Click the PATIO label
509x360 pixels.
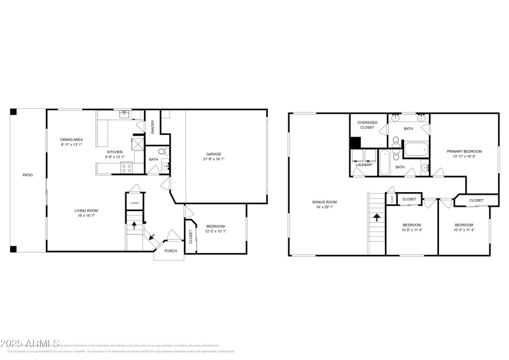[28, 175]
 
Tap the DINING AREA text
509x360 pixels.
[71, 139]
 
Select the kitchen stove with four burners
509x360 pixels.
[126, 168]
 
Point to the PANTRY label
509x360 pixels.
[153, 127]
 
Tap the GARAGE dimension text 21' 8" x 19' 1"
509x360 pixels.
[213, 158]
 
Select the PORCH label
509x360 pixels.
[171, 251]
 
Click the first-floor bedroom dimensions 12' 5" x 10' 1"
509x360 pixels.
[216, 230]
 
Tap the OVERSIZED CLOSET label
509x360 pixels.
[366, 125]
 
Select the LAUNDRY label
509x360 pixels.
[364, 165]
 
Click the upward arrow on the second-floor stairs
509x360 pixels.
[377, 216]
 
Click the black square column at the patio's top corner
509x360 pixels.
[13, 112]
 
